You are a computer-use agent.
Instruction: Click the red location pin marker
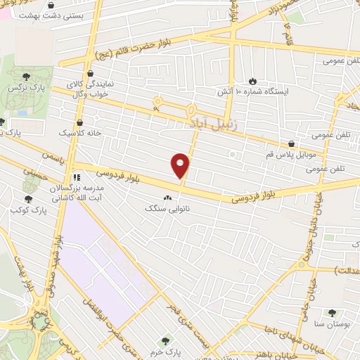point(181,165)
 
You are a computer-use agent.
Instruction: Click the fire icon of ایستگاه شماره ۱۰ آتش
point(254,80)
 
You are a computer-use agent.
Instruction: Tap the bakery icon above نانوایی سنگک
point(167,198)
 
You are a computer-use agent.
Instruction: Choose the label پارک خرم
point(167,352)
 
